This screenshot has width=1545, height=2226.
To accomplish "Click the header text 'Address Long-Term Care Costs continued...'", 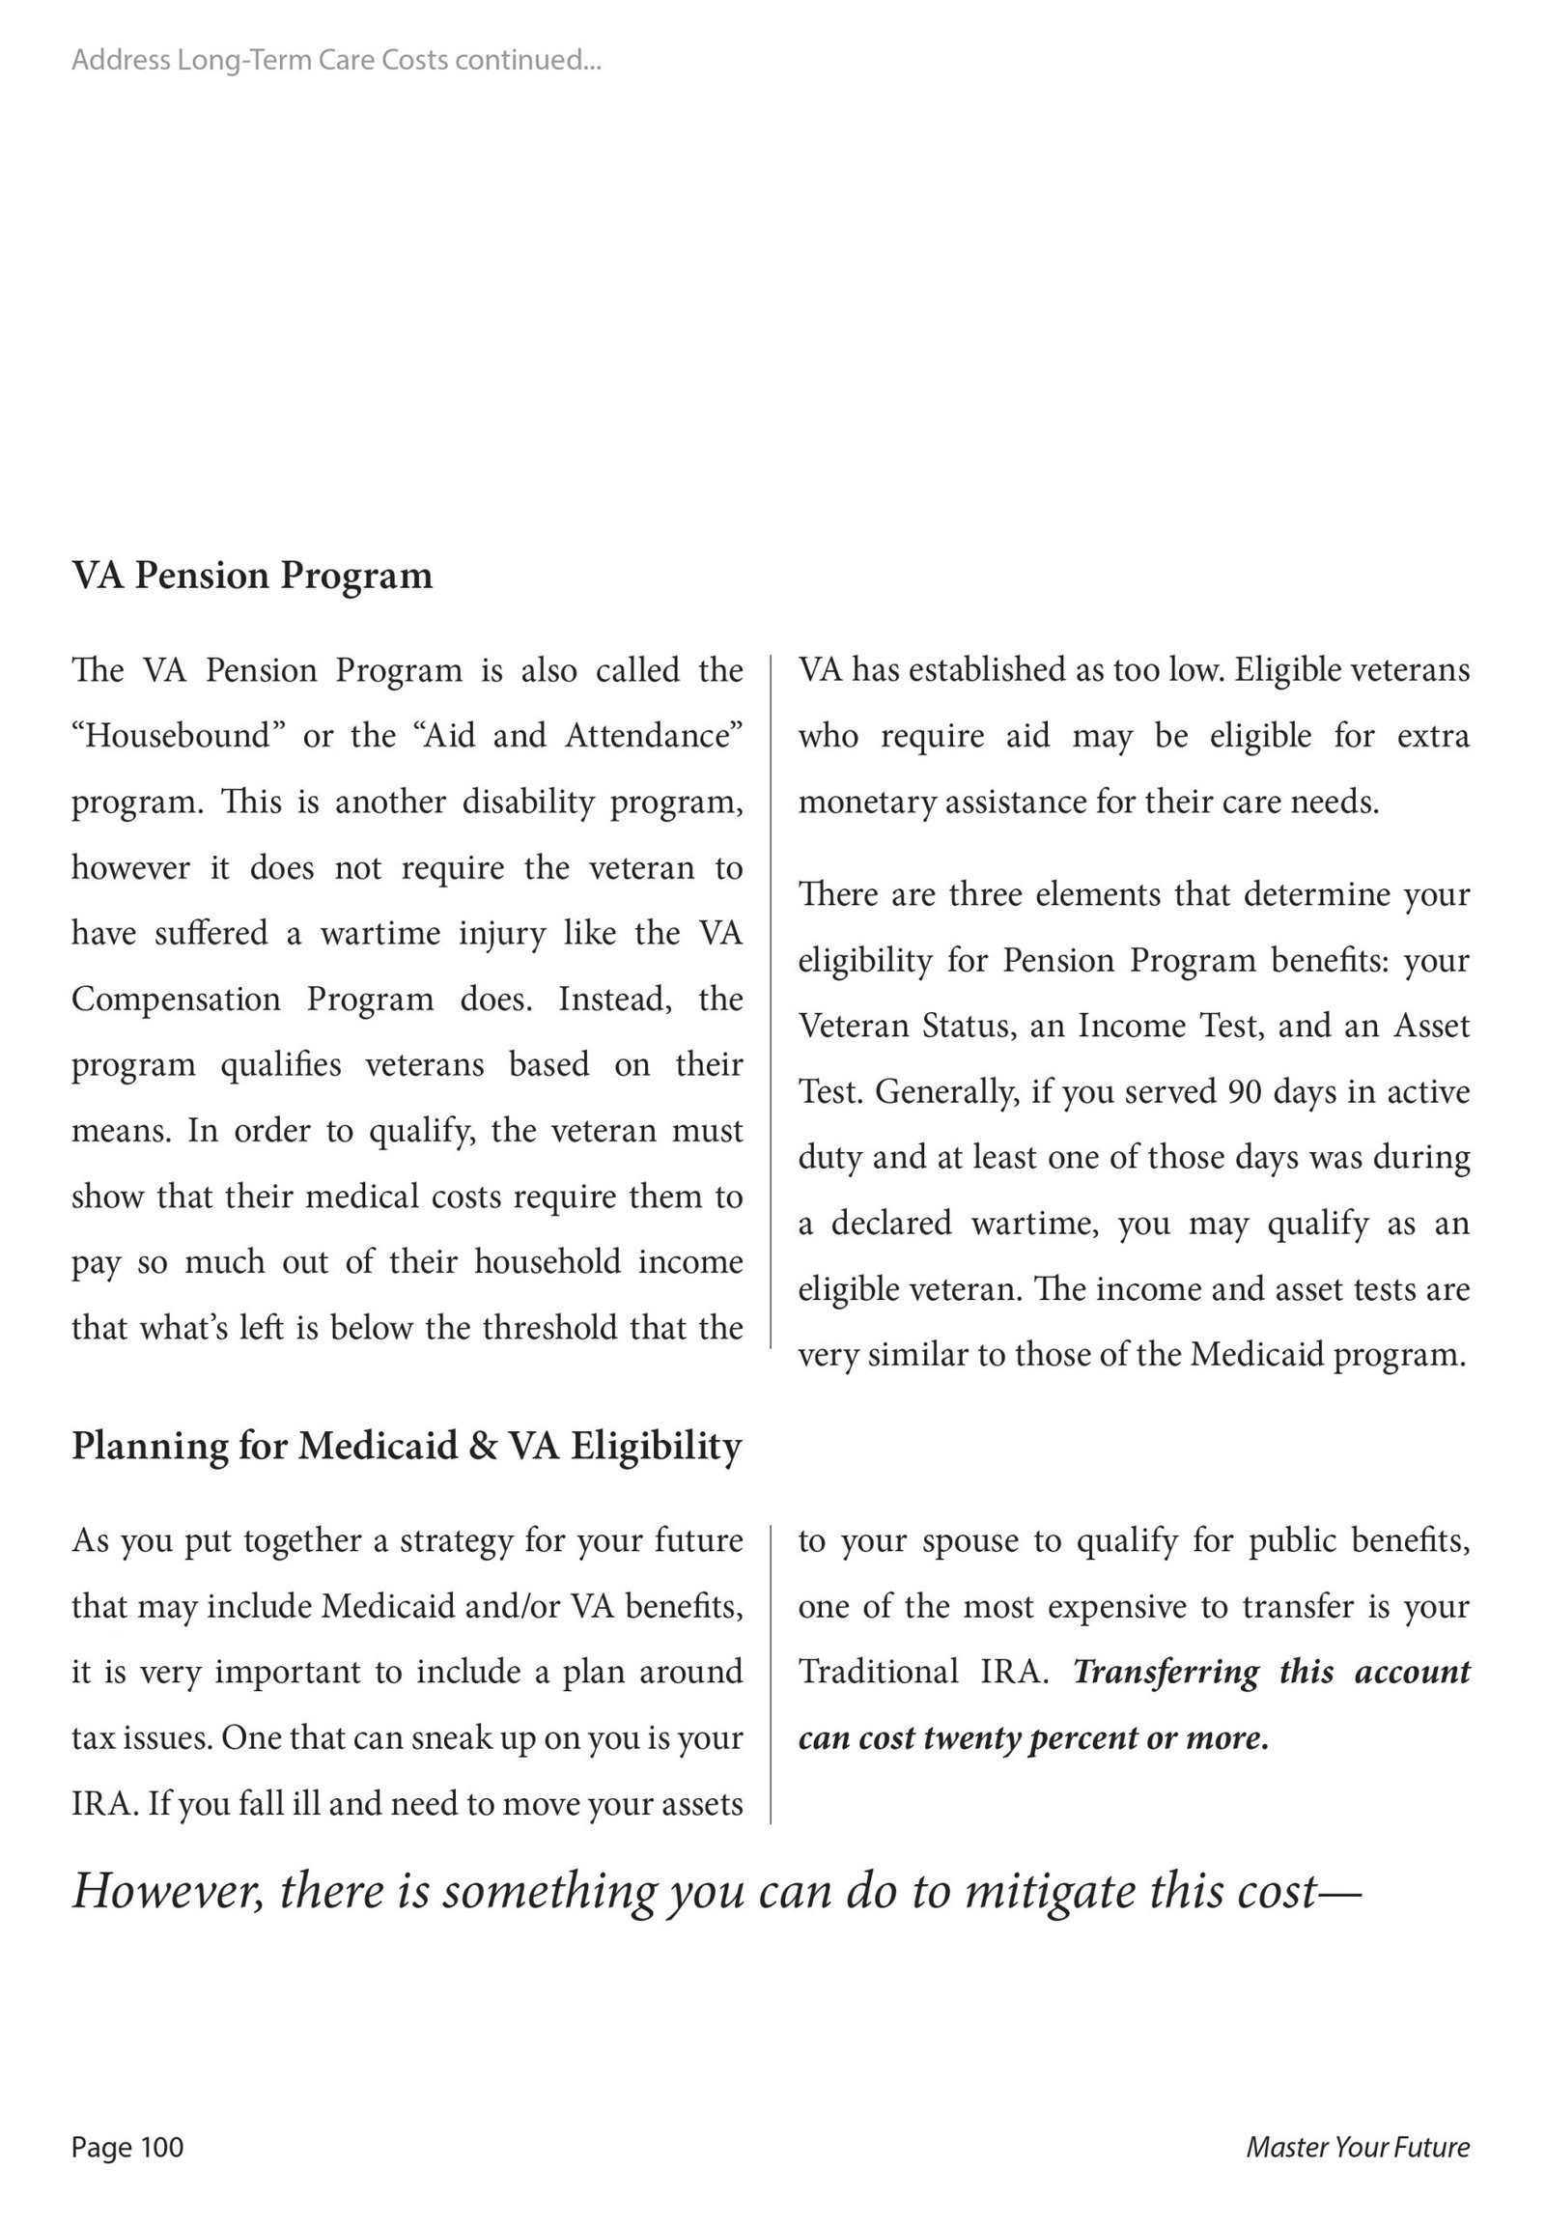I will pyautogui.click(x=336, y=60).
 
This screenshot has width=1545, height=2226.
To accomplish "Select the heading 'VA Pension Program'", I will pyautogui.click(x=252, y=576).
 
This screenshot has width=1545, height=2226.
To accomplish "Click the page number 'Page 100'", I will pyautogui.click(x=126, y=2147).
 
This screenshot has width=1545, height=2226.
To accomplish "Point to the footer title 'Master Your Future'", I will pyautogui.click(x=1358, y=2147).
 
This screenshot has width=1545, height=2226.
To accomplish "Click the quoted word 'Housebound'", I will pyautogui.click(x=178, y=736).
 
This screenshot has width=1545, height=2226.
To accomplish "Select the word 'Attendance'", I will pyautogui.click(x=654, y=736).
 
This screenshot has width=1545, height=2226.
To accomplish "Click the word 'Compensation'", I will pyautogui.click(x=176, y=1000).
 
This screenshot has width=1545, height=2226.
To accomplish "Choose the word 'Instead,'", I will pyautogui.click(x=615, y=1000).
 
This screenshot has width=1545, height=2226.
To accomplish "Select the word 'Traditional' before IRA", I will pyautogui.click(x=878, y=1673).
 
